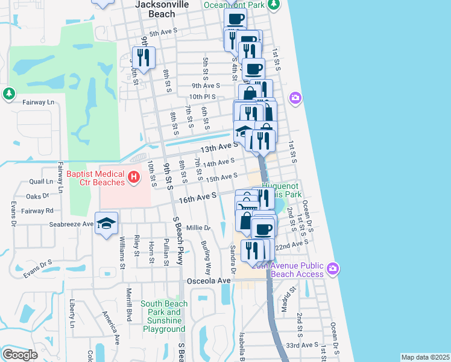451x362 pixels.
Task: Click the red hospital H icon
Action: coord(134,177)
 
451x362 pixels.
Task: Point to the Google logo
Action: coord(20,355)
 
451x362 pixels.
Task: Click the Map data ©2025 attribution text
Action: coord(425,357)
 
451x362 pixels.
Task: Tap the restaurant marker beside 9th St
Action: coord(144,57)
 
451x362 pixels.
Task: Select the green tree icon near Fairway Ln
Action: coord(8,94)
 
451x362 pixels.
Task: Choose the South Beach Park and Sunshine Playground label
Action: coord(164,317)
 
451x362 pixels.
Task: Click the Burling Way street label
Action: coord(207,257)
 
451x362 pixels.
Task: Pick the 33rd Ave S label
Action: coord(302,345)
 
